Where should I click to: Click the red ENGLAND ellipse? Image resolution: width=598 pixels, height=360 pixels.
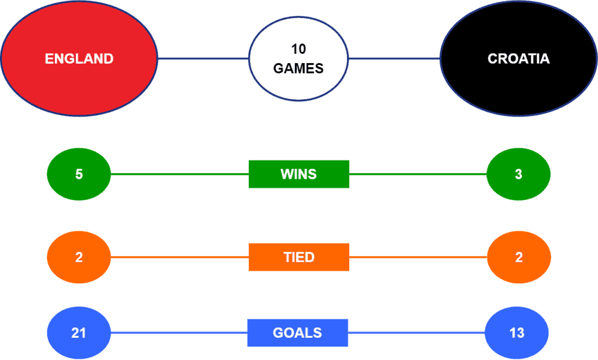point(79,58)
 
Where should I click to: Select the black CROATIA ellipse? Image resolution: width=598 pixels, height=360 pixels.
point(519,58)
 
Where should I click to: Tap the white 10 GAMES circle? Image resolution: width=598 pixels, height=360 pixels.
point(298,59)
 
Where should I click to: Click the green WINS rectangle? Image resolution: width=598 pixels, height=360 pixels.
point(298,174)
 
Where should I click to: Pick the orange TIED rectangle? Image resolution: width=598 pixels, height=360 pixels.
point(298,257)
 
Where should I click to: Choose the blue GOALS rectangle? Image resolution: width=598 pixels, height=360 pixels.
point(297,333)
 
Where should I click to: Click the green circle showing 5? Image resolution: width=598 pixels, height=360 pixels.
point(79,174)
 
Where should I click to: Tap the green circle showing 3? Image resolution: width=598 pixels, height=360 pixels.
point(519,174)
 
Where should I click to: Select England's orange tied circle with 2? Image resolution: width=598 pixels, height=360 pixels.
point(79,257)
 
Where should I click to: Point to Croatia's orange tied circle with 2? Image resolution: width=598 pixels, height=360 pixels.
point(519,257)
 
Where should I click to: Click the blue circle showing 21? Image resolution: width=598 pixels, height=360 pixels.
point(79,333)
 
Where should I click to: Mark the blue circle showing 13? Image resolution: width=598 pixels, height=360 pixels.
point(517,333)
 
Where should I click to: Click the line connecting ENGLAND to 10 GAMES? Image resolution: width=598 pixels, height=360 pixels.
point(203,59)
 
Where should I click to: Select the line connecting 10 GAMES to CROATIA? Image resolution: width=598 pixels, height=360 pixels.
point(394,59)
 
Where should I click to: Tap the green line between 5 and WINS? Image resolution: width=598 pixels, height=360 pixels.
point(180,174)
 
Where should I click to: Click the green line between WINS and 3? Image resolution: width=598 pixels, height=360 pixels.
point(418,174)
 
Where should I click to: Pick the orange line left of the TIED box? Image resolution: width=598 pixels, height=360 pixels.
point(180,257)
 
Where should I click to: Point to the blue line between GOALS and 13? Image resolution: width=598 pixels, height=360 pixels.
point(416,333)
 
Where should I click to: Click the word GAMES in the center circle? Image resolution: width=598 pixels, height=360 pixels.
point(298,68)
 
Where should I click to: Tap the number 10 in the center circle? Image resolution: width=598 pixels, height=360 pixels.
point(298,49)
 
